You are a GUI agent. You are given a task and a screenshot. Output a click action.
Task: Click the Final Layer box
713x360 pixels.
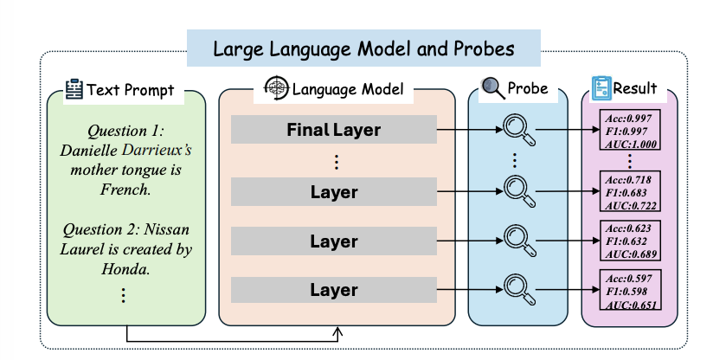point(334,130)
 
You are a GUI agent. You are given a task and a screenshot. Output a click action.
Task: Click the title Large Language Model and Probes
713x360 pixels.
point(363,48)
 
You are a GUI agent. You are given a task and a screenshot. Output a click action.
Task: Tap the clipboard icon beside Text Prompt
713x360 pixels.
point(74,89)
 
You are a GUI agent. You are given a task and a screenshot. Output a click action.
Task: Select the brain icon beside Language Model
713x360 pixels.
point(277,87)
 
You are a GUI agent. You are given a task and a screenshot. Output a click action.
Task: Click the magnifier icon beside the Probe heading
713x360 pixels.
point(493,87)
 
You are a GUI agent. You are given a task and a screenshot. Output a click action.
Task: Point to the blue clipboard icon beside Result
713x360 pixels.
point(601,88)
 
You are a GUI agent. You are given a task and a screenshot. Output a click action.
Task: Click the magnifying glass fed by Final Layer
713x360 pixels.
point(519,130)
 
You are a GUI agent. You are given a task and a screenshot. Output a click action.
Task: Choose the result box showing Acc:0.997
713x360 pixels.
point(630,130)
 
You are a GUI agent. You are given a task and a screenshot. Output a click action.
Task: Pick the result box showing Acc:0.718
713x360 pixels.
point(630,191)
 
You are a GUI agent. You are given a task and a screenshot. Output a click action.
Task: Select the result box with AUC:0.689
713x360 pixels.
point(630,241)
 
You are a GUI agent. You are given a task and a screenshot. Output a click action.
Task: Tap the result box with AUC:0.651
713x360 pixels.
point(630,290)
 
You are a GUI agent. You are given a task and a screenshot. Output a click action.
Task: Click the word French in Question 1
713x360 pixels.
point(125,190)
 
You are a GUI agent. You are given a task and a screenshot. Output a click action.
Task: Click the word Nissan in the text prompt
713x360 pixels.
point(166,229)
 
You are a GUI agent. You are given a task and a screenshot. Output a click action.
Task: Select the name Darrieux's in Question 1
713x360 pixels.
point(157,150)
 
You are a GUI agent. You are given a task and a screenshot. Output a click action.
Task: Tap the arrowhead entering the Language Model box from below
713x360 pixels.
point(337,331)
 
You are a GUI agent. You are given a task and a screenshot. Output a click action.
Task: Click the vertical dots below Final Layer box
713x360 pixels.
point(337,163)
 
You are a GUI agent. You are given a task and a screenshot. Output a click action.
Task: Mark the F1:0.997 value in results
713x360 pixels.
point(626,132)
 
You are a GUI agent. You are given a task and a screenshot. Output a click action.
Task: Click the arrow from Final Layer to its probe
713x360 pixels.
point(470,130)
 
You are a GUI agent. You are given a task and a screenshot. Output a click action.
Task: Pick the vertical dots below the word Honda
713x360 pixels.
point(123,295)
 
